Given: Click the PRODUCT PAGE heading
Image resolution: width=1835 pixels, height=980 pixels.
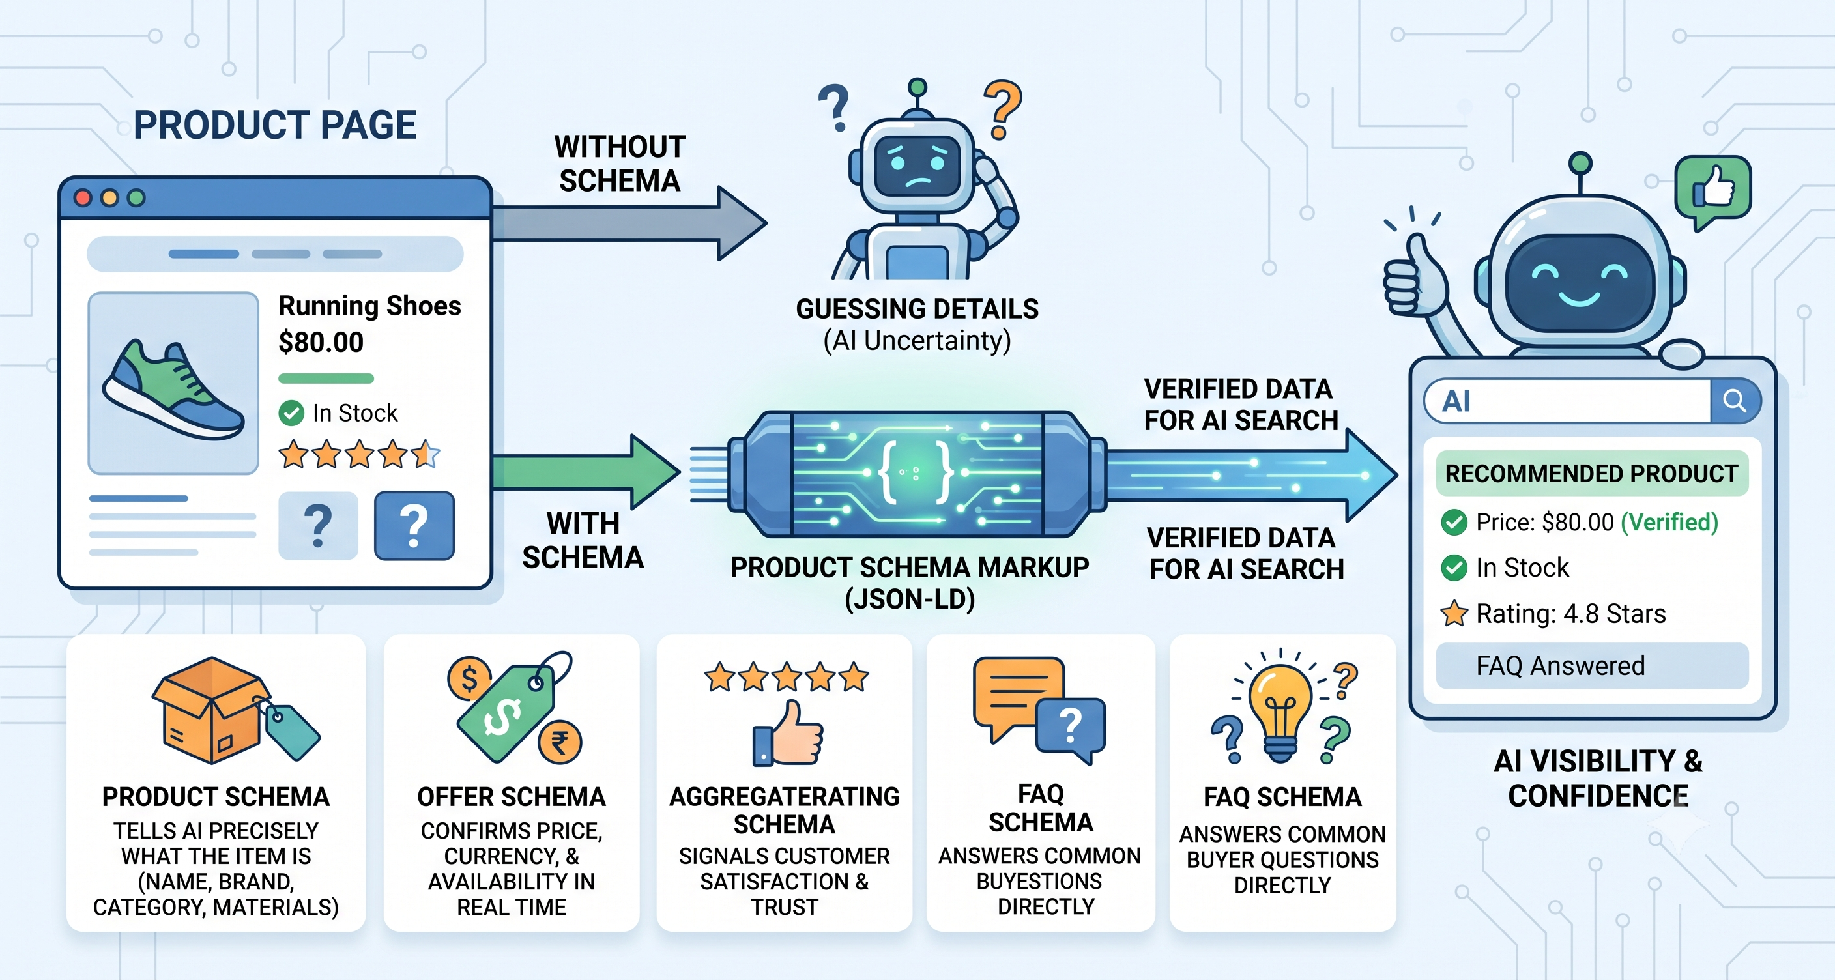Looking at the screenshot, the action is [x=275, y=125].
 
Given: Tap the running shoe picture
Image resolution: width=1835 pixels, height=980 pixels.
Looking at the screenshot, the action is [x=173, y=384].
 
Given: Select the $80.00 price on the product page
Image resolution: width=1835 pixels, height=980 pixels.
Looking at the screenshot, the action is [x=321, y=343].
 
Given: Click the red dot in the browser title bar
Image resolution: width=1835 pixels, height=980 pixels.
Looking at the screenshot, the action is [x=83, y=198].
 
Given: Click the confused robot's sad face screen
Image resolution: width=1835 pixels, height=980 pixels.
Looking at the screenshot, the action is [x=918, y=166].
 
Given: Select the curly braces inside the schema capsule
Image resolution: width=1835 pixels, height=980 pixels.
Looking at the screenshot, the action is [x=915, y=472].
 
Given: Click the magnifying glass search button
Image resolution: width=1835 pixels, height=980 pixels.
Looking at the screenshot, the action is [x=1735, y=401].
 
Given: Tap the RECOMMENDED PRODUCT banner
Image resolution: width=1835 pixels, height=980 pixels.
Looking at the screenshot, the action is [x=1591, y=474].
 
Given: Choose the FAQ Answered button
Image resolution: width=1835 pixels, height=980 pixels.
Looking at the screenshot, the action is [x=1591, y=666].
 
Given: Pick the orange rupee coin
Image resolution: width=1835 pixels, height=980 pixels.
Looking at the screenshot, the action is [x=560, y=742].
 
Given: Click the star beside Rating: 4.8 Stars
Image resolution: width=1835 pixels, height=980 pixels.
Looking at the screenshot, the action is [x=1454, y=613].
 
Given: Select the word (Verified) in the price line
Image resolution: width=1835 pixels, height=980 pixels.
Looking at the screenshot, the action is [x=1669, y=522].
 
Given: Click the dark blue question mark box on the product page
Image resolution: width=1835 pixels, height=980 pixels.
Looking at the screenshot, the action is [x=414, y=526].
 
